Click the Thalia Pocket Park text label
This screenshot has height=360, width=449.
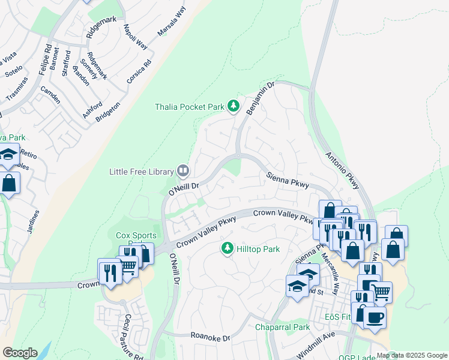[189, 107]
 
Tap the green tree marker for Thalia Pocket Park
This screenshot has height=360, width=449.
[234, 107]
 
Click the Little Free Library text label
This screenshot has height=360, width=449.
[141, 172]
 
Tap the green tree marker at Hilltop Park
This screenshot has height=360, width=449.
[227, 248]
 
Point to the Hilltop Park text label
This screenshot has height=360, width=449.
[258, 248]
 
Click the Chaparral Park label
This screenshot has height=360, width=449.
[282, 327]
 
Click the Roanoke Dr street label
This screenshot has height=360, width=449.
[211, 338]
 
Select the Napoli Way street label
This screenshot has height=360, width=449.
[135, 36]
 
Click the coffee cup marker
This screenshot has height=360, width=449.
[375, 317]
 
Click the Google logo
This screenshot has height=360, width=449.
[20, 353]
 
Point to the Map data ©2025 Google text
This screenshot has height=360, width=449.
[412, 355]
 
